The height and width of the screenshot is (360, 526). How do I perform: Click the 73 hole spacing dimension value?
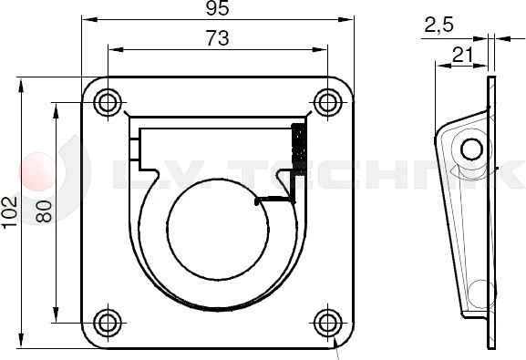[218, 38]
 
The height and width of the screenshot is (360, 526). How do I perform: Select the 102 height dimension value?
[9, 213]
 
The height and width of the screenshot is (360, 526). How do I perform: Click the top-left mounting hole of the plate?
[108, 101]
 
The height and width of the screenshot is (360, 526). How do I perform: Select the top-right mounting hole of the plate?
[327, 101]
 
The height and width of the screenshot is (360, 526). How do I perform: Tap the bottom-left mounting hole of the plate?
[108, 322]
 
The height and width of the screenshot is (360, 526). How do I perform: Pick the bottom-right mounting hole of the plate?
[327, 322]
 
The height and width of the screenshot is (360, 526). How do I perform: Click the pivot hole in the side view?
[471, 148]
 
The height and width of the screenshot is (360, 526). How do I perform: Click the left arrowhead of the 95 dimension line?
[85, 18]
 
